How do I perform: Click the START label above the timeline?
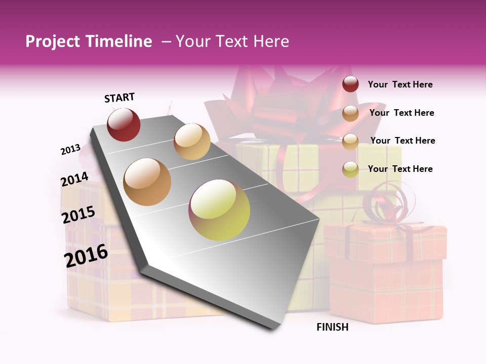click(x=119, y=98)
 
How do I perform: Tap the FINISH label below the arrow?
click(x=333, y=327)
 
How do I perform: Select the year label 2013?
click(x=70, y=150)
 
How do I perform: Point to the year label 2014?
click(x=74, y=179)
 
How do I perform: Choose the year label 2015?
click(x=78, y=215)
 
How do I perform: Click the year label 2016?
click(x=86, y=255)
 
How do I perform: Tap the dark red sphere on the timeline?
click(x=124, y=125)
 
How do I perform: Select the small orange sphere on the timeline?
click(x=192, y=142)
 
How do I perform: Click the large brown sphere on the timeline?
click(x=147, y=182)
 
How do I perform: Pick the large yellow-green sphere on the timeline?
click(x=219, y=210)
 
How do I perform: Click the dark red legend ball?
click(x=350, y=84)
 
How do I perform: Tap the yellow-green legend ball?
click(x=350, y=169)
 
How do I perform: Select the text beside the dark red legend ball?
click(x=400, y=85)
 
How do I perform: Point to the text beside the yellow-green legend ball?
click(x=400, y=169)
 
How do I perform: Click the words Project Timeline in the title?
click(x=89, y=41)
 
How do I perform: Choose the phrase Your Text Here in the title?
click(x=232, y=41)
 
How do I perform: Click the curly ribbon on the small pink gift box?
click(x=387, y=205)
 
